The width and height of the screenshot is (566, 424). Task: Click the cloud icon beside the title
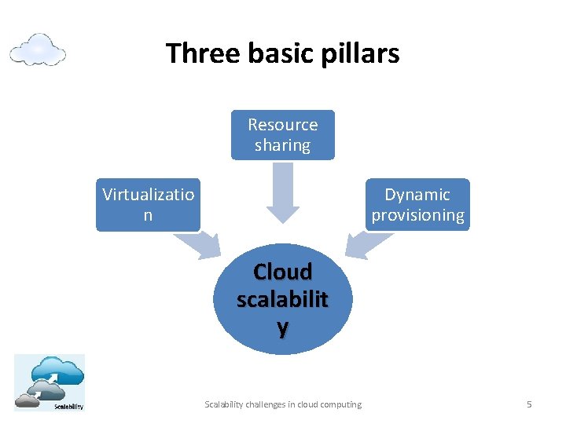[37, 49]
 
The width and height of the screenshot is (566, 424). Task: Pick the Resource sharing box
[282, 134]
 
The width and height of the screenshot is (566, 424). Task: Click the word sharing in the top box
[282, 145]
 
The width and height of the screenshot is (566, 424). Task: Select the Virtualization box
[148, 205]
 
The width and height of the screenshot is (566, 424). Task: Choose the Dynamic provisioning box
[417, 205]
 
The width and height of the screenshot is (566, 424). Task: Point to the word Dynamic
[417, 195]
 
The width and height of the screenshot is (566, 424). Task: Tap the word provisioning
[417, 215]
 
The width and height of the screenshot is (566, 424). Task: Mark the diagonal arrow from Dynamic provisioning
[361, 244]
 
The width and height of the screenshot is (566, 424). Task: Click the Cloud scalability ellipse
[282, 298]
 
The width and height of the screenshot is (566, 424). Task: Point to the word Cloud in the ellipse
[282, 272]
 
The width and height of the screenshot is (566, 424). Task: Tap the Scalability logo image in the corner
[49, 382]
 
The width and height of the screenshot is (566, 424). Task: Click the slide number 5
[529, 404]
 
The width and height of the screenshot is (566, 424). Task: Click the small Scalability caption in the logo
[68, 405]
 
